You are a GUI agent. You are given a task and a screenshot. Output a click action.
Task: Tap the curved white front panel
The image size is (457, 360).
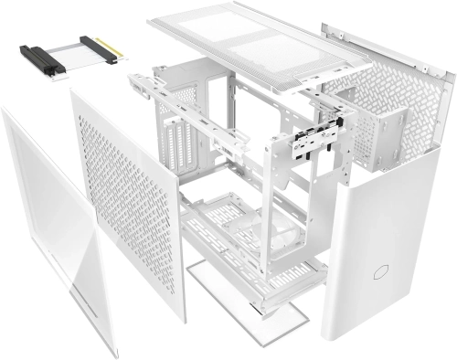click(x=384, y=238)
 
